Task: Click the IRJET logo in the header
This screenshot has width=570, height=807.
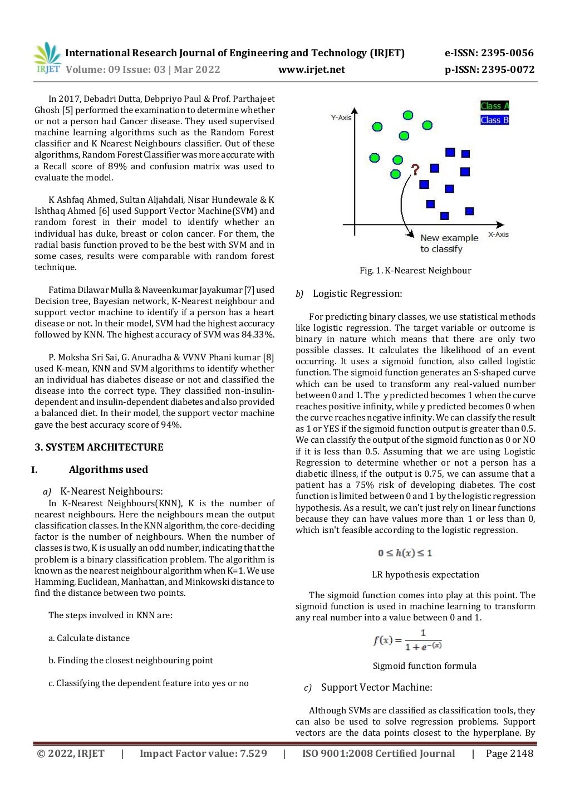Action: [47, 58]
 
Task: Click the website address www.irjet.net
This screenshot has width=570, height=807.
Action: [311, 70]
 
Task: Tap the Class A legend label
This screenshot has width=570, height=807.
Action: [494, 106]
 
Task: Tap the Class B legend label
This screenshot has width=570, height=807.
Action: [494, 120]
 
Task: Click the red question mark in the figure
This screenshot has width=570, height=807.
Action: [415, 169]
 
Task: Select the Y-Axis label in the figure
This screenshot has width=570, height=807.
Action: [341, 118]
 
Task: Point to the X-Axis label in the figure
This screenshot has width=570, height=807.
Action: [498, 234]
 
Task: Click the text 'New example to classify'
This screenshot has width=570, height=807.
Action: [449, 243]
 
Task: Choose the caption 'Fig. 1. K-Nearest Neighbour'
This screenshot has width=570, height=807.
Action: [415, 271]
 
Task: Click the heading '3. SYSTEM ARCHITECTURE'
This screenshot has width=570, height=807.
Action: [99, 447]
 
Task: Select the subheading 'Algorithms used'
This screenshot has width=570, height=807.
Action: [109, 469]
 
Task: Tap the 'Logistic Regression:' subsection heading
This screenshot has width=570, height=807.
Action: [357, 294]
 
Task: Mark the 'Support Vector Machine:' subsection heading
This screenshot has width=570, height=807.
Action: [376, 687]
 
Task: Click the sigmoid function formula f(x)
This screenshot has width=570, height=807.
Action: [407, 640]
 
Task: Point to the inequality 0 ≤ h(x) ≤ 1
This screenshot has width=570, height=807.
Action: [405, 553]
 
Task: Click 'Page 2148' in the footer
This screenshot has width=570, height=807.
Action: [509, 754]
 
